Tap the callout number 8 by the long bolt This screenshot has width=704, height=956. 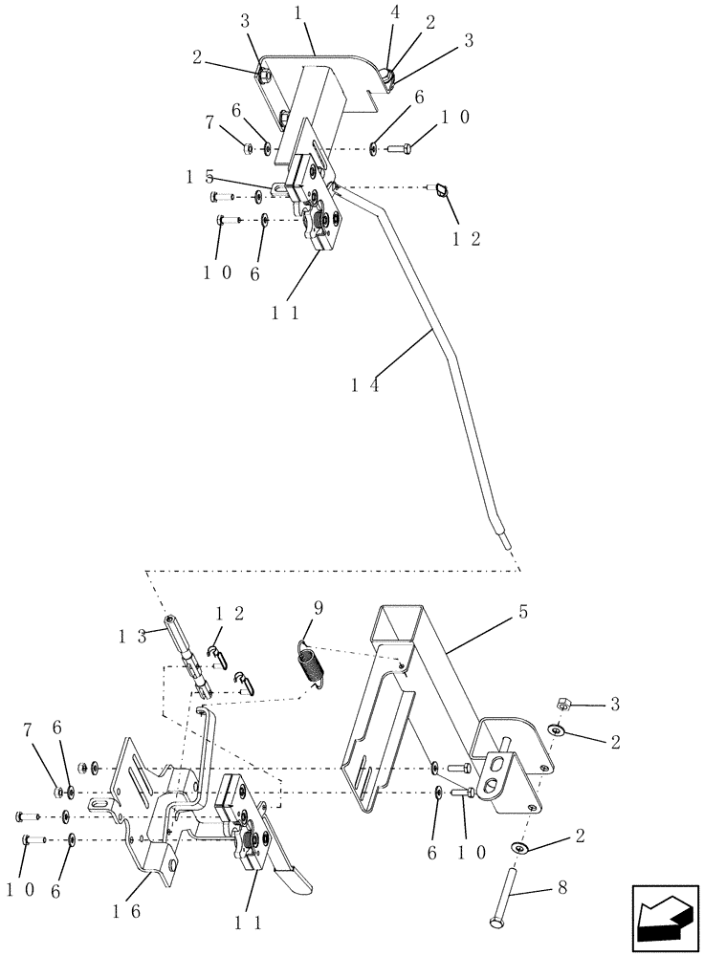561,888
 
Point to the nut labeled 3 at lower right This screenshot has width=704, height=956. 562,706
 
